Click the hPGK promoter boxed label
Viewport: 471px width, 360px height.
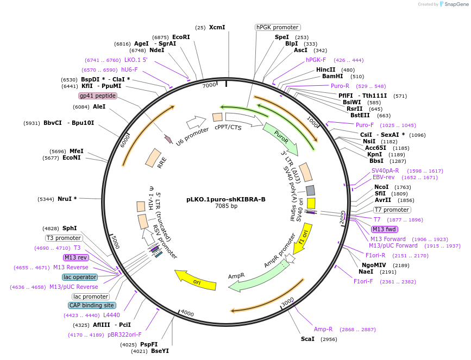[x=278, y=27]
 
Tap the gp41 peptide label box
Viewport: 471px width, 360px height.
[x=98, y=96]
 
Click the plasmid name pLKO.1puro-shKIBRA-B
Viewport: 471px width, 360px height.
[x=226, y=199]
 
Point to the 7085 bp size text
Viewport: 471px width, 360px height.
[x=226, y=206]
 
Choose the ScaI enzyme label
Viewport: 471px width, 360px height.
[x=307, y=339]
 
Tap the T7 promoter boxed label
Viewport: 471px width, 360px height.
[x=392, y=210]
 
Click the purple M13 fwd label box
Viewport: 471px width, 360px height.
[x=384, y=229]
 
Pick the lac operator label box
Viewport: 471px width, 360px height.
[x=80, y=277]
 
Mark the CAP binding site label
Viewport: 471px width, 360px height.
[x=91, y=305]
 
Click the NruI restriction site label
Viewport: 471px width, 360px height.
[x=67, y=199]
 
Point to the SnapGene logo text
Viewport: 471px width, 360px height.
[x=456, y=4]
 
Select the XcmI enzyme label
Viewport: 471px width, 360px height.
[x=217, y=27]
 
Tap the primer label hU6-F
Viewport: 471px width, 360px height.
[x=129, y=70]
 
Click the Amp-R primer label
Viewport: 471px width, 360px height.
[x=323, y=330]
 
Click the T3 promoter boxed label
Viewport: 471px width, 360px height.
[x=64, y=238]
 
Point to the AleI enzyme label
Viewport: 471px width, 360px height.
[x=99, y=106]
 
